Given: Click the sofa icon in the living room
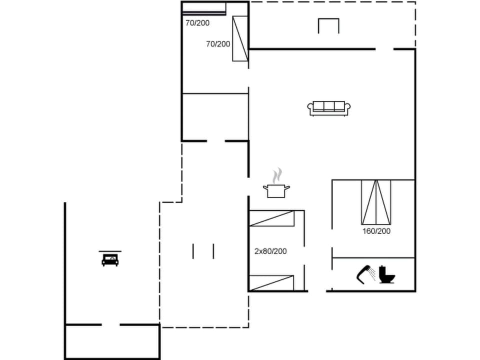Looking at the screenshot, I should point(329,108).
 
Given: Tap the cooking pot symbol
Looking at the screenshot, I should point(276,190).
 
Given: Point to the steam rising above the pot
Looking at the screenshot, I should point(276,175).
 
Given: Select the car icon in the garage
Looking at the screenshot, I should point(110,259).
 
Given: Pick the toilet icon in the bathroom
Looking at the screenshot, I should point(386,274).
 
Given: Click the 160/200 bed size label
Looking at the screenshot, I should point(376,231).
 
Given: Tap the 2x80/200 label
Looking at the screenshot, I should point(270,251).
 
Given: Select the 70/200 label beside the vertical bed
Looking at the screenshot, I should point(218,44).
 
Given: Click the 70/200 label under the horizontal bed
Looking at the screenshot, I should point(197,23).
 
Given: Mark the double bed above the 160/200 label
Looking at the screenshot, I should point(376,201).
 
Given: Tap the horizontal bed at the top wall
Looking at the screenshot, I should point(204,9).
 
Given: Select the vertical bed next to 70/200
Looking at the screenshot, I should point(240,38).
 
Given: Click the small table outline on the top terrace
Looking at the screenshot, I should point(328,25).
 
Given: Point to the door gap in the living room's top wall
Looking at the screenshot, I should point(384,49).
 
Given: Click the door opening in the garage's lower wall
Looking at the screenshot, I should point(110,325).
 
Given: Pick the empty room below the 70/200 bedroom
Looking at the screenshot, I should point(215,116).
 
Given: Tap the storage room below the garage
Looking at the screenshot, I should point(112,342).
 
